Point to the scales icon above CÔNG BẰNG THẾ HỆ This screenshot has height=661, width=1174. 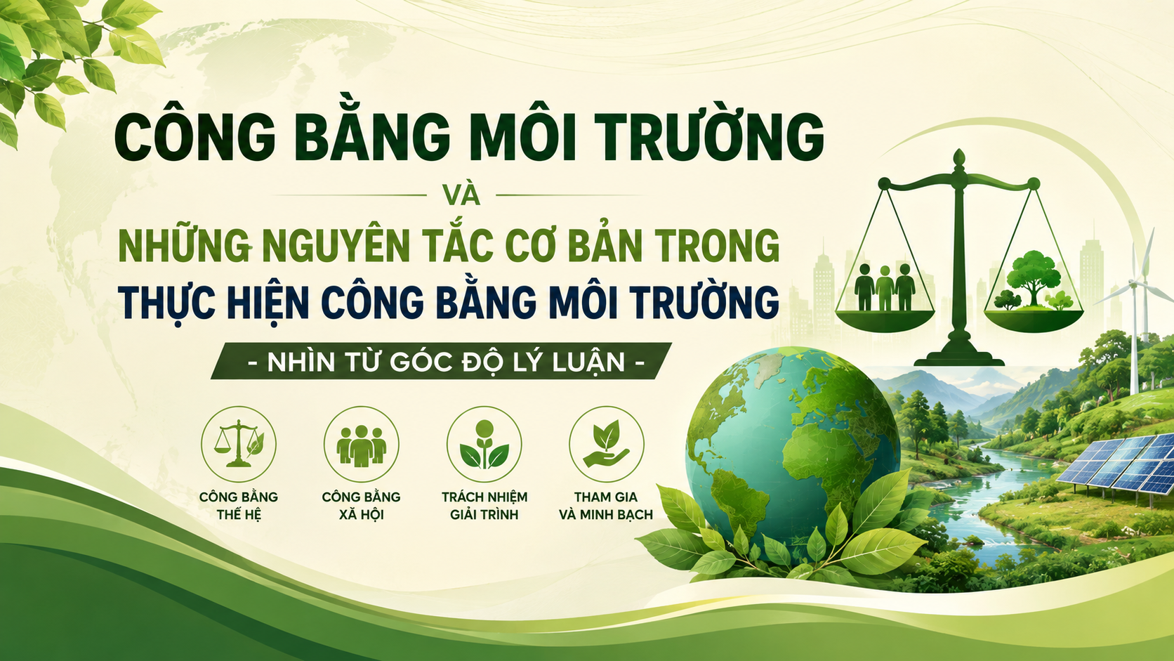coord(239,444)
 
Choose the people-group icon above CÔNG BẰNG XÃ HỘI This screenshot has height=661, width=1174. coord(361,445)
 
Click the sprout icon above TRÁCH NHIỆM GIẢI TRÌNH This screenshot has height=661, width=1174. coord(484,445)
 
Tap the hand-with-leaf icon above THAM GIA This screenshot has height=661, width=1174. coord(606,445)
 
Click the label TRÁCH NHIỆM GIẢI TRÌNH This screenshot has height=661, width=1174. coord(484,505)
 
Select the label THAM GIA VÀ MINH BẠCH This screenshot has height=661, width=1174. coord(606,505)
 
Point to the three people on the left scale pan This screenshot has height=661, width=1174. coord(885,287)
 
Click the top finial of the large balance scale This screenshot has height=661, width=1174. coord(959,157)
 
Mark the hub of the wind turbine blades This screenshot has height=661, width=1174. coord(1135,284)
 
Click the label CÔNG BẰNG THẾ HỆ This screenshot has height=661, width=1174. coord(239,505)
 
